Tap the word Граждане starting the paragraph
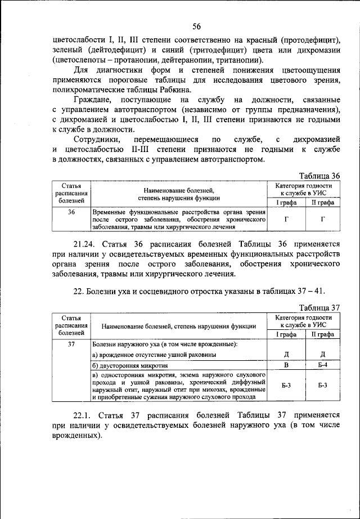94,99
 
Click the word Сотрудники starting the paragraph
97,138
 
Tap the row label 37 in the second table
71,343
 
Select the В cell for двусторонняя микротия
286,366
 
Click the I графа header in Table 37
286,334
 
